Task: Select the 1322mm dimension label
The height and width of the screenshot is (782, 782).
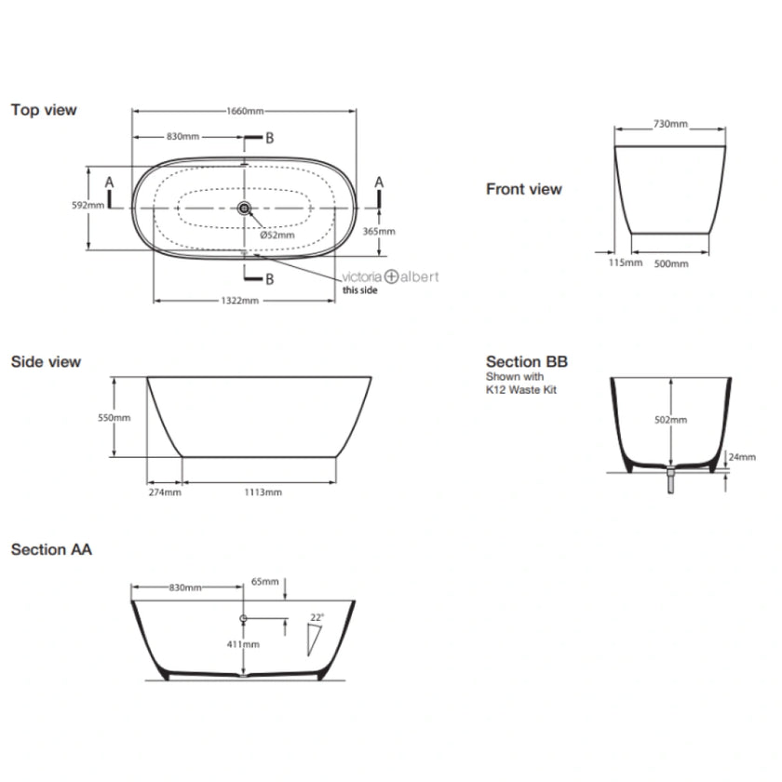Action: click(240, 302)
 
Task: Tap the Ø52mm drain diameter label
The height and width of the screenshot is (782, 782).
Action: click(277, 235)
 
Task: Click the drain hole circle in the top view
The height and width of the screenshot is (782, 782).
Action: click(245, 209)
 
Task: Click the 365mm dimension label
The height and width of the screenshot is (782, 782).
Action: click(379, 231)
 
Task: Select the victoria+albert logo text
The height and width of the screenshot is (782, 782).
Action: click(391, 276)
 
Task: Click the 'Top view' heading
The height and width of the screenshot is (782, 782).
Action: click(44, 110)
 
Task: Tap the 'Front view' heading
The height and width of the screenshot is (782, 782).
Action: click(523, 189)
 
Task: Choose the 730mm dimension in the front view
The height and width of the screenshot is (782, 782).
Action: click(669, 124)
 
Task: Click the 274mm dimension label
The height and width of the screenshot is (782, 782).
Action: click(164, 492)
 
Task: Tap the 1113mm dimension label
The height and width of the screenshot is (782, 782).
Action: click(261, 492)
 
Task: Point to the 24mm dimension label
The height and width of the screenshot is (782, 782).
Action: click(741, 457)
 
